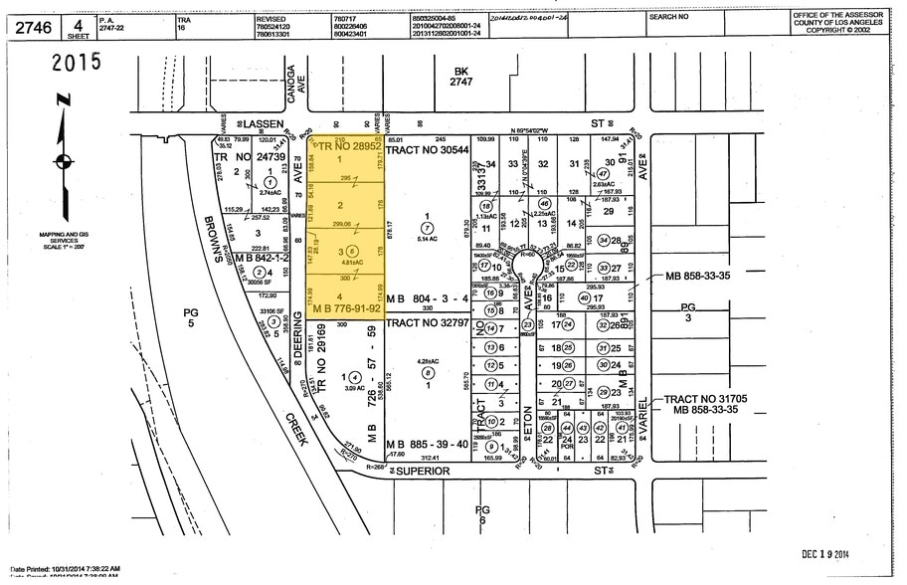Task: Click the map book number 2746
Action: coord(34,27)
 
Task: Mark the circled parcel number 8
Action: coord(428,373)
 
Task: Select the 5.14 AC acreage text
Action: coord(428,239)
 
